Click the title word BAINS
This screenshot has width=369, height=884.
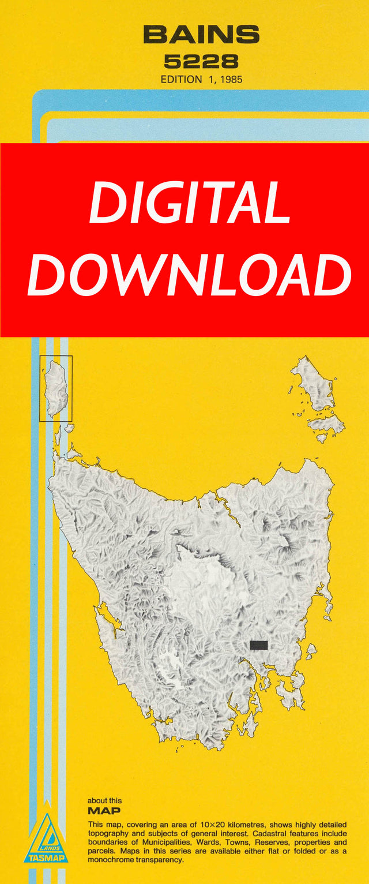click(x=201, y=35)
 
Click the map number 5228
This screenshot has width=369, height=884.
click(x=201, y=61)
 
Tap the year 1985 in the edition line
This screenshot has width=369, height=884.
click(x=229, y=80)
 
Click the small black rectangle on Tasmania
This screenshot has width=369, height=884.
click(x=259, y=644)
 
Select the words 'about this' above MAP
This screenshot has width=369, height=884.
click(x=104, y=801)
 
